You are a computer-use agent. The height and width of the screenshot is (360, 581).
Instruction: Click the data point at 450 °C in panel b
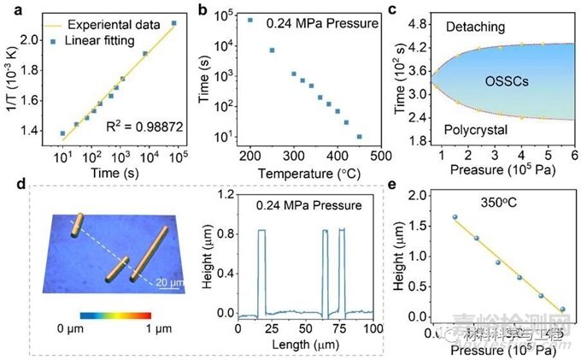point(360,137)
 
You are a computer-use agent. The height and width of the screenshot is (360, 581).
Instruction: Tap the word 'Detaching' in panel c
point(476,28)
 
